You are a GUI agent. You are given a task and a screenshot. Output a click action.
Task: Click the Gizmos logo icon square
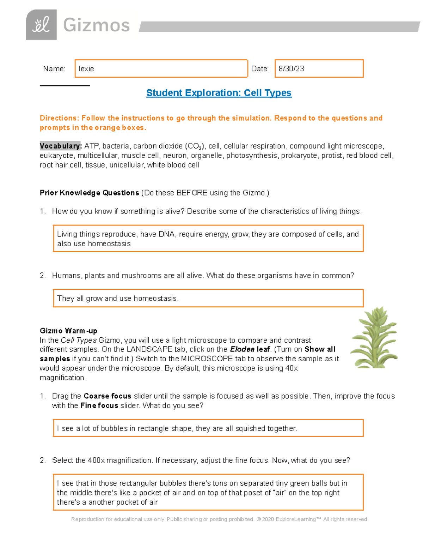(41, 25)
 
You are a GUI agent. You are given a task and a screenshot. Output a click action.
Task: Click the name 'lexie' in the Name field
(86, 69)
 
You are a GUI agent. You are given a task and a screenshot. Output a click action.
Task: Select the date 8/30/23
(291, 69)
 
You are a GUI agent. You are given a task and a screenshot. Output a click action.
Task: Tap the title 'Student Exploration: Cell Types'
(219, 93)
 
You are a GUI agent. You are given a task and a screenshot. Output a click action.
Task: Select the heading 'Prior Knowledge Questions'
(89, 193)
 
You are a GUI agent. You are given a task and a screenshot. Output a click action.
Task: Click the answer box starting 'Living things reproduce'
(208, 239)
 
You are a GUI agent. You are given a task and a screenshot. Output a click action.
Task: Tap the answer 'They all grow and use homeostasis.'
(118, 299)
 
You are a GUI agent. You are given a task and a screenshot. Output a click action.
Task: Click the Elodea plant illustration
(374, 338)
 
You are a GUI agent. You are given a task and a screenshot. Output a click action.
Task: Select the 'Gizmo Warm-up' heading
(68, 331)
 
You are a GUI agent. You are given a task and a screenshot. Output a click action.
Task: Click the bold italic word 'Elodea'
(242, 349)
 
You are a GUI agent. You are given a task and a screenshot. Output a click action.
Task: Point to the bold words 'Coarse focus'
(107, 396)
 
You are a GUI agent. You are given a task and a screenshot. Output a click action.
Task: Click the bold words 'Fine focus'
(99, 406)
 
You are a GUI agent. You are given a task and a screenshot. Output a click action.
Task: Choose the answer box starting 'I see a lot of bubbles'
(208, 428)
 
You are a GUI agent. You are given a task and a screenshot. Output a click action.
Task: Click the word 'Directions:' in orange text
(60, 118)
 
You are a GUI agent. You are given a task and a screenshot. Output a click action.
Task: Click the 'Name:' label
(54, 69)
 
